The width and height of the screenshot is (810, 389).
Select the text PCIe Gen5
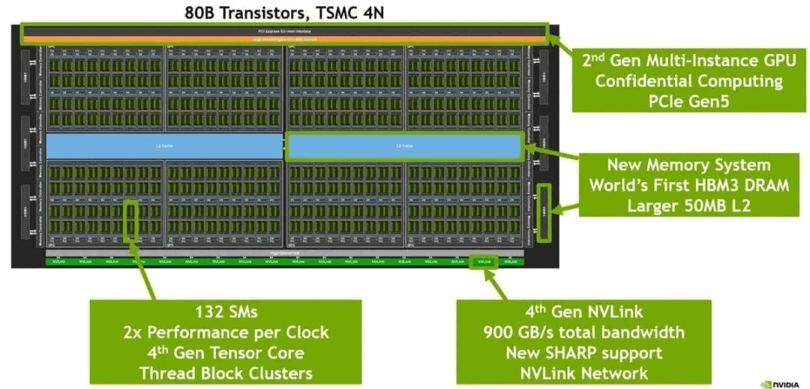coord(688,100)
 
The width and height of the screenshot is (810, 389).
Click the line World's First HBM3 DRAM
coord(688,185)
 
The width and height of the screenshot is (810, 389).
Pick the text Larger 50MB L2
coord(688,205)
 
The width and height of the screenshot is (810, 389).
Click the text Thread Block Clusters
coord(226,373)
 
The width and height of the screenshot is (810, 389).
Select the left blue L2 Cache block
coord(164,145)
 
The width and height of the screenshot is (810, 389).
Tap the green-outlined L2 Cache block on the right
coord(404,145)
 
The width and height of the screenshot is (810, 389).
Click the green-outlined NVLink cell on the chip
coord(484,262)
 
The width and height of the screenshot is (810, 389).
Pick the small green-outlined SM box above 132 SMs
coord(131,220)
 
